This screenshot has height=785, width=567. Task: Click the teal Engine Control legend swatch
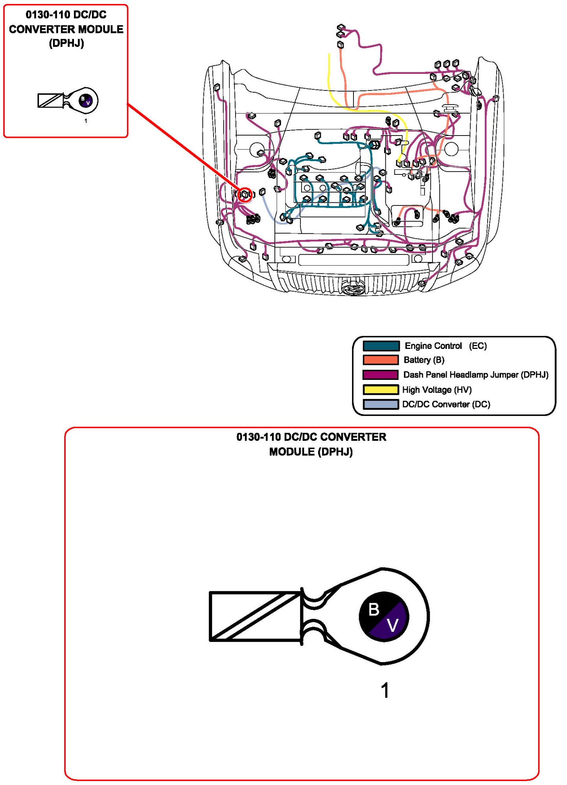(381, 346)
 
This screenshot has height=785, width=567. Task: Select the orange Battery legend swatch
(380, 360)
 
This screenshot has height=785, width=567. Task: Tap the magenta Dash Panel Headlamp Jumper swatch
(380, 375)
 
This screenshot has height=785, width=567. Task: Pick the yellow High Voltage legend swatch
(380, 390)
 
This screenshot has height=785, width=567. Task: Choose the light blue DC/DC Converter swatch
(380, 404)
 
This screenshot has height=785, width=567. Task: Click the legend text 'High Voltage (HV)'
(436, 390)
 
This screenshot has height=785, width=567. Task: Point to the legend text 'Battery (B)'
(424, 360)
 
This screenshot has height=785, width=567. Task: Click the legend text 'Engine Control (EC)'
(445, 346)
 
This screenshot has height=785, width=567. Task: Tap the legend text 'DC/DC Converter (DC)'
(446, 404)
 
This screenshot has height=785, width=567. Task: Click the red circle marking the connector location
(245, 194)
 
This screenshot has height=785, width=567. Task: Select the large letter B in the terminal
(374, 609)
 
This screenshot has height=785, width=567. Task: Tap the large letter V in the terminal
(392, 625)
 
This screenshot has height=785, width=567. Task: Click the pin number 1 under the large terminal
(385, 690)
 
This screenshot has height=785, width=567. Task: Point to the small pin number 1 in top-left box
(86, 121)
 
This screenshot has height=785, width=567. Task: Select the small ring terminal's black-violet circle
(85, 101)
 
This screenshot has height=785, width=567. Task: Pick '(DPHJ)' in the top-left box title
(66, 43)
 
